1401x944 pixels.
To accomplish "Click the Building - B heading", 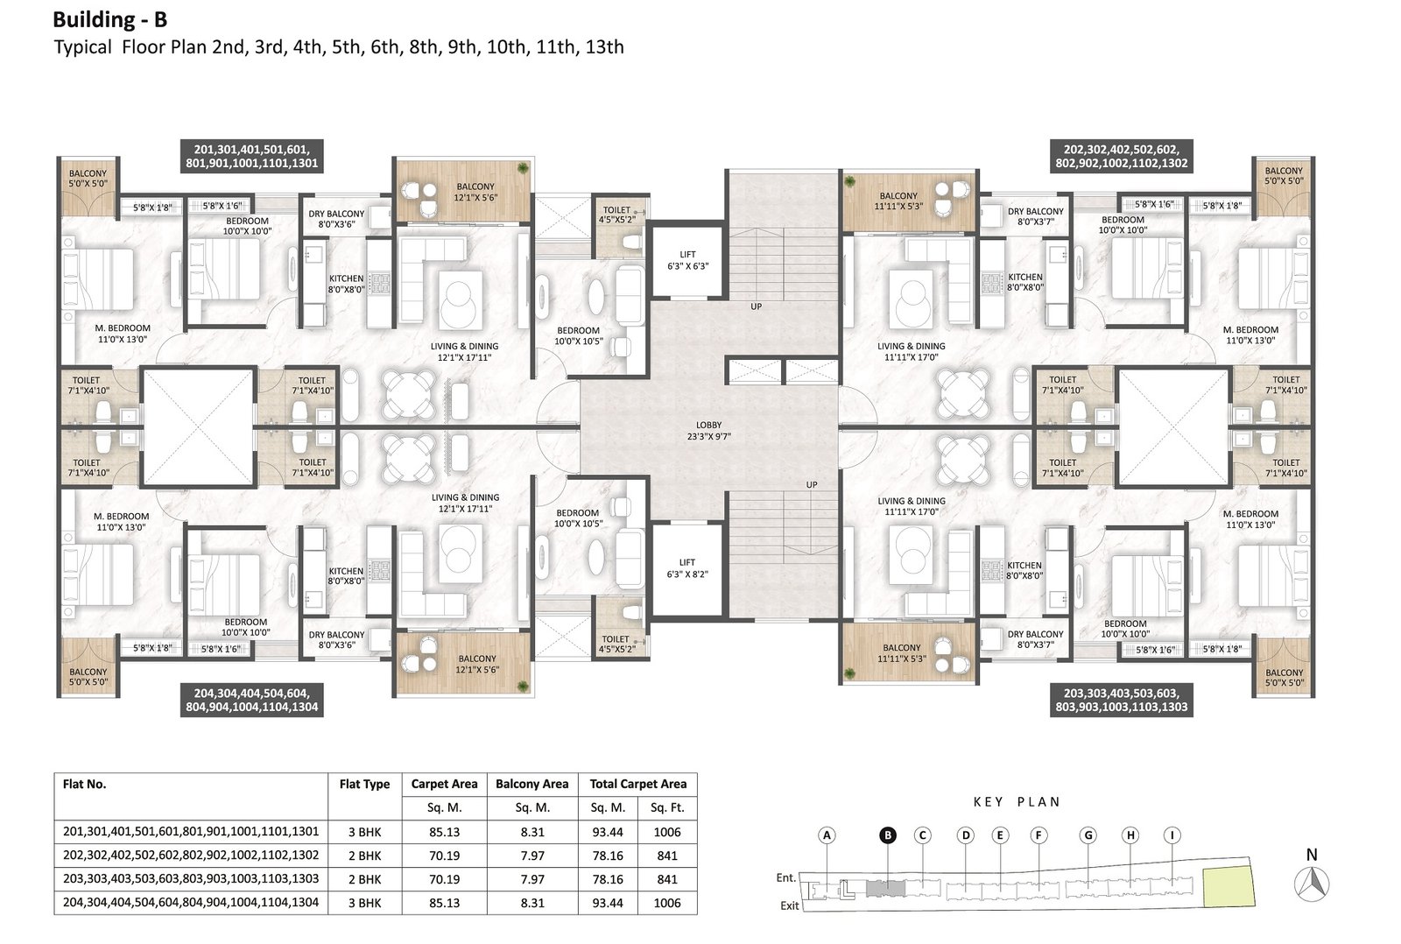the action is (x=110, y=20).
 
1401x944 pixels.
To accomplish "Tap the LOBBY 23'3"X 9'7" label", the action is (x=708, y=430).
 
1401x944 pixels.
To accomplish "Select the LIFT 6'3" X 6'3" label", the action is (x=687, y=259).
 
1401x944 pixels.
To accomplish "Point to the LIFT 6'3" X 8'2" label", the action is (x=687, y=568).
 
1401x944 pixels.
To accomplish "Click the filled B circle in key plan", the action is (x=888, y=835).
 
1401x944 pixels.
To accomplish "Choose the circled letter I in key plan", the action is (x=1172, y=835).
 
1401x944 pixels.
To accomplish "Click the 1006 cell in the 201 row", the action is (x=666, y=832).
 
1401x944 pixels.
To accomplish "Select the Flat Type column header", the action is (x=364, y=784).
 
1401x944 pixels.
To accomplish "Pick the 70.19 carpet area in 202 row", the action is (x=444, y=856).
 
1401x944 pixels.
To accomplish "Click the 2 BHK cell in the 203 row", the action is (x=364, y=879).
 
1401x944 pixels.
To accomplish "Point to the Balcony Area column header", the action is (x=532, y=784).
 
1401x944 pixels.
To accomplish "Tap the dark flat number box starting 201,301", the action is (x=252, y=157).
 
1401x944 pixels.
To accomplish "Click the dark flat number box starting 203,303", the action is (x=1122, y=700).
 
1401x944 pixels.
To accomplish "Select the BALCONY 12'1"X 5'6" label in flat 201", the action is (x=476, y=192).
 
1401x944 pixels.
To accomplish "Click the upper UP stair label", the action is (x=757, y=306).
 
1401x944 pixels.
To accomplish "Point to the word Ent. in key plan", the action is (x=786, y=877).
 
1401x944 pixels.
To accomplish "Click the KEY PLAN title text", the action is (x=1017, y=802).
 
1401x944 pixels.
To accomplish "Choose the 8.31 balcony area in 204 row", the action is (x=532, y=903).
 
